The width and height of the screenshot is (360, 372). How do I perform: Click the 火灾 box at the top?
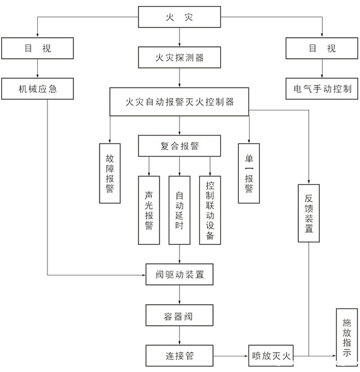[x=179, y=17]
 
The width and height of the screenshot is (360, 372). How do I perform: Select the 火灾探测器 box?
[x=179, y=58]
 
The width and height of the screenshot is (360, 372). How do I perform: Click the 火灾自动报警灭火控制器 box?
[x=179, y=102]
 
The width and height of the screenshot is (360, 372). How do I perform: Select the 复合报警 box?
[x=179, y=146]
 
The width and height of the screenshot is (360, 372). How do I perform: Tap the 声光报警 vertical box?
[x=149, y=210]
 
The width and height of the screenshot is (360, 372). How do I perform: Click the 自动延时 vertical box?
[x=179, y=210]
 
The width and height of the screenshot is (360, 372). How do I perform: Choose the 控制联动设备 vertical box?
[x=210, y=210]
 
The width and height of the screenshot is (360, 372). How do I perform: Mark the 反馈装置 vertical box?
[x=309, y=213]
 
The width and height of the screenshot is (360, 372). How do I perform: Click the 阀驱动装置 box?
[x=179, y=275]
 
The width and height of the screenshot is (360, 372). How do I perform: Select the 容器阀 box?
[x=179, y=315]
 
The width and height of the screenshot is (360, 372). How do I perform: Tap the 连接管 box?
[x=179, y=356]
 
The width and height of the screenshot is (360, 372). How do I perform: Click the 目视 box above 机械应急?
[x=38, y=48]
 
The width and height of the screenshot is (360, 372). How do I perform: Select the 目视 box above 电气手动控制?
[x=322, y=48]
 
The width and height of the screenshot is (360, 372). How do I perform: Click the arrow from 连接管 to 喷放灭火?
[x=231, y=356]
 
